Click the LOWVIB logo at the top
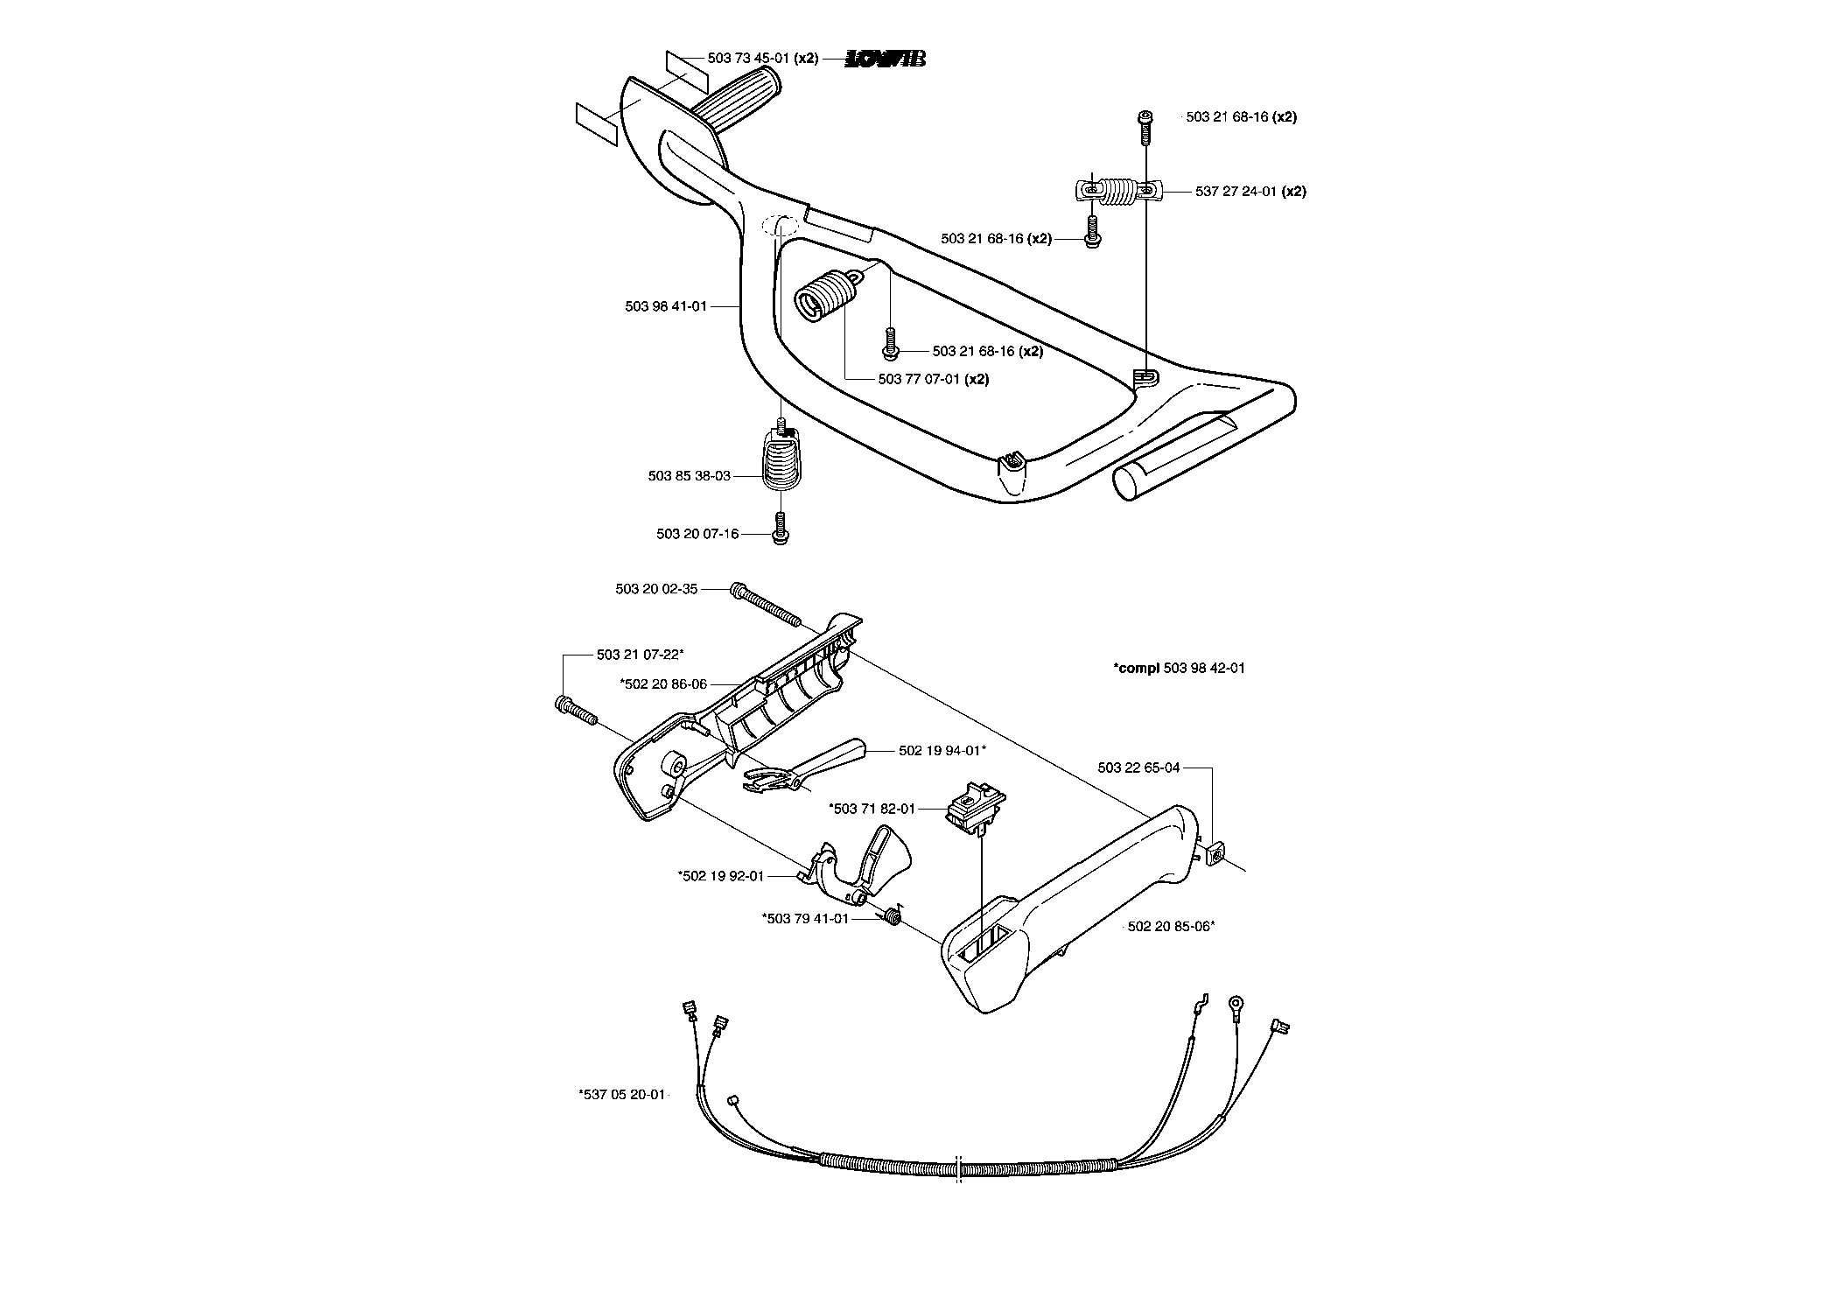tap(886, 59)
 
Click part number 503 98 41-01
tap(666, 306)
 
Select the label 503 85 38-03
tap(689, 476)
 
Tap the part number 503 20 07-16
tap(697, 534)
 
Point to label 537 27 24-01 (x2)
tap(1250, 191)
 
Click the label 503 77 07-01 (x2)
tap(934, 380)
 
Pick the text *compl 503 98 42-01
tap(1179, 668)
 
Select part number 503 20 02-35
tap(656, 589)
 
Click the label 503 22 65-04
tap(1138, 768)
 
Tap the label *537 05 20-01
tap(622, 1094)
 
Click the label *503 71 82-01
tap(872, 809)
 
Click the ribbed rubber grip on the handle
tap(737, 100)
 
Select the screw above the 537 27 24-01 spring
tap(1145, 130)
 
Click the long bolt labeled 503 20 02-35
tap(764, 604)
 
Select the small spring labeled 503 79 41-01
tap(892, 916)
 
